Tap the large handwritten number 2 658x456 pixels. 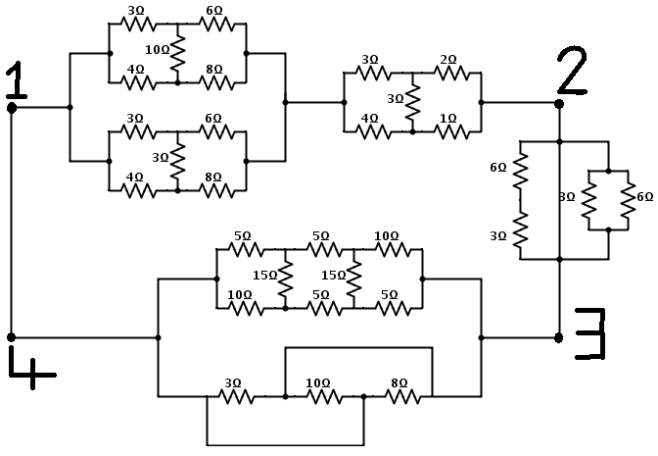pyautogui.click(x=571, y=70)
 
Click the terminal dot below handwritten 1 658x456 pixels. pyautogui.click(x=11, y=108)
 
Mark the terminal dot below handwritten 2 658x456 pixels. pyautogui.click(x=559, y=102)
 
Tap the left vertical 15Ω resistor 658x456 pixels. pyautogui.click(x=285, y=279)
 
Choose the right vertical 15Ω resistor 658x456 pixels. pyautogui.click(x=353, y=279)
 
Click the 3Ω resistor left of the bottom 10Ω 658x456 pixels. pyautogui.click(x=235, y=396)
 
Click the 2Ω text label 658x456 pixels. pyautogui.click(x=447, y=59)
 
